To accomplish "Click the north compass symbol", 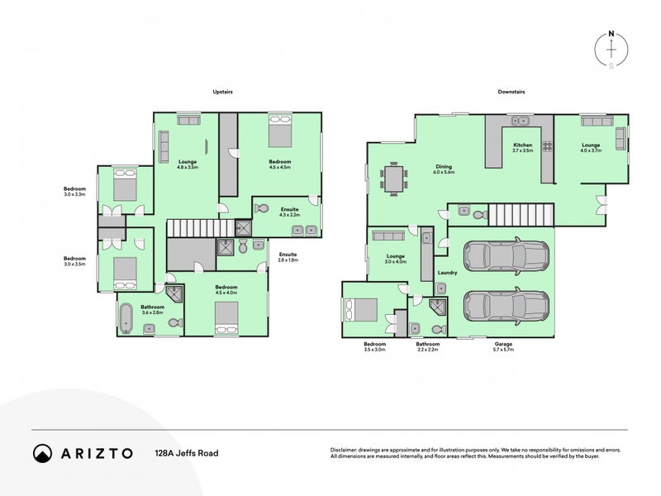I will click(x=611, y=49).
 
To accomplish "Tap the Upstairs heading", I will click(x=221, y=92).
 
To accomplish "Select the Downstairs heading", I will click(x=511, y=92).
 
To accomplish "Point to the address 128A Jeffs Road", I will click(x=187, y=453).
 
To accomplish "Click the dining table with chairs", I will click(x=394, y=178).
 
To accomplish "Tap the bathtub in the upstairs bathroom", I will click(x=126, y=317).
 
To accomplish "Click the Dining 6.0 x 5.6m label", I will click(x=444, y=170).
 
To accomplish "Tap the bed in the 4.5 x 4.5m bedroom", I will click(x=279, y=131).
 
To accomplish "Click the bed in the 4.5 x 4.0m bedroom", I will click(x=226, y=318).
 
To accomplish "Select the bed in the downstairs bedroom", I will click(x=361, y=309).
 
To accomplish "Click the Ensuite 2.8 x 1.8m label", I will click(x=288, y=257).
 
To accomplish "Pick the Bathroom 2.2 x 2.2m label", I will click(x=428, y=347).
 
